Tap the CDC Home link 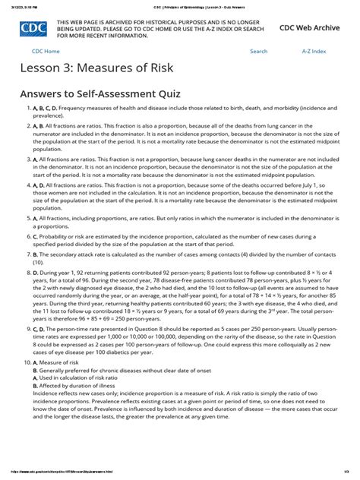click(x=46, y=51)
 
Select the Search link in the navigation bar click(x=258, y=51)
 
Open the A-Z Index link click(x=313, y=51)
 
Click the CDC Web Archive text click(x=310, y=27)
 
